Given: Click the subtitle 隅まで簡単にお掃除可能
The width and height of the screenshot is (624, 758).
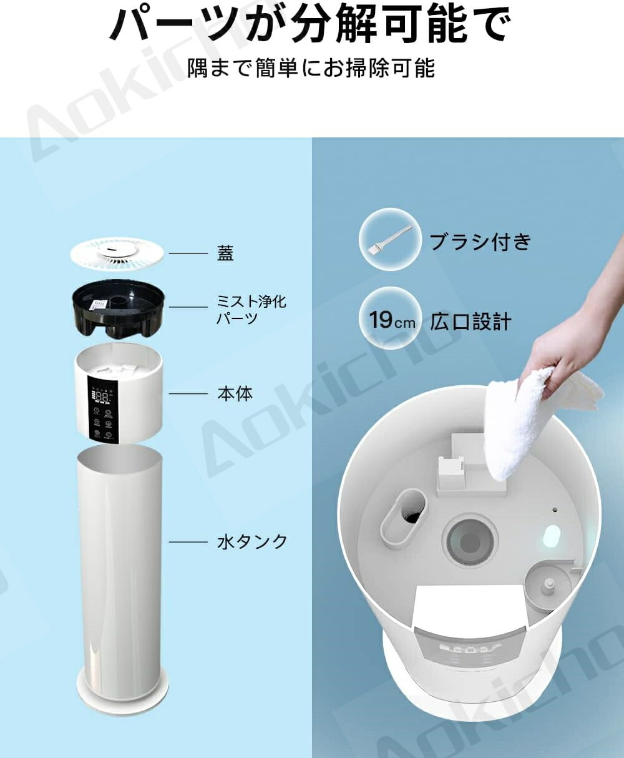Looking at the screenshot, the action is pyautogui.click(x=311, y=68).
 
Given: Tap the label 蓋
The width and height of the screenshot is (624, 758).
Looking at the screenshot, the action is pyautogui.click(x=225, y=253).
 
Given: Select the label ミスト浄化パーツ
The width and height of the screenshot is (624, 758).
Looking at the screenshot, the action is pyautogui.click(x=251, y=310).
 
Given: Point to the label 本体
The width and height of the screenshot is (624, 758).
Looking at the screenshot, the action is pyautogui.click(x=235, y=393).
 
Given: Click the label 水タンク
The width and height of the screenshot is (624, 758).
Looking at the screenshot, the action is pyautogui.click(x=252, y=542).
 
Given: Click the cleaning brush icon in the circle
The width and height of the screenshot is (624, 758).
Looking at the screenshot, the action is pyautogui.click(x=390, y=240).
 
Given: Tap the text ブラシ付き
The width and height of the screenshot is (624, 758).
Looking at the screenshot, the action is pyautogui.click(x=480, y=242).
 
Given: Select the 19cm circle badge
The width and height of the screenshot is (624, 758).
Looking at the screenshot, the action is pyautogui.click(x=391, y=320).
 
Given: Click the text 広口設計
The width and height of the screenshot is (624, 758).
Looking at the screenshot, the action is pyautogui.click(x=470, y=322).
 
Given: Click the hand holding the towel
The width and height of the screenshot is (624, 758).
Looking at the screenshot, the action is pyautogui.click(x=577, y=334).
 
